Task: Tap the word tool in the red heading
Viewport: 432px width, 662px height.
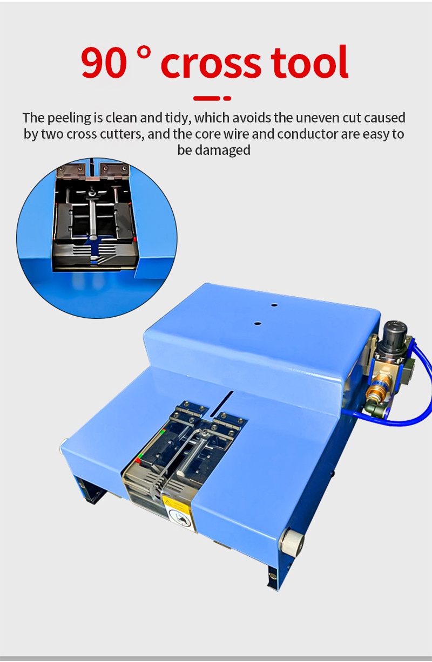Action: pos(309,63)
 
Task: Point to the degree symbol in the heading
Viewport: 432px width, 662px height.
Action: pos(144,53)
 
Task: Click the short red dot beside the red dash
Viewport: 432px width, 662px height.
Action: pos(227,98)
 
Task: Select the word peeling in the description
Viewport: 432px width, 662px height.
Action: pos(70,118)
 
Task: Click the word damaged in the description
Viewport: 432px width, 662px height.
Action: pos(223,151)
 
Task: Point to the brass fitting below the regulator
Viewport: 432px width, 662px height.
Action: pos(376,390)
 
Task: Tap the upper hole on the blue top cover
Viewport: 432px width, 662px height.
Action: pos(274,305)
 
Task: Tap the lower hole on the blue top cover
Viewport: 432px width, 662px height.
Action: pos(257,323)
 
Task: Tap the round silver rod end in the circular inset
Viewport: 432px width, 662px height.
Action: pos(93,237)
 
